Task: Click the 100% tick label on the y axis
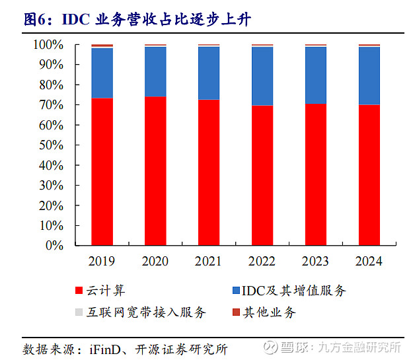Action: (x=48, y=45)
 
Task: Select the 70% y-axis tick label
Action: (x=51, y=105)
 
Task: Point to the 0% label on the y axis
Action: (x=56, y=245)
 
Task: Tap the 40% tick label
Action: (x=51, y=165)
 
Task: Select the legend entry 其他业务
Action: (x=268, y=312)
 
